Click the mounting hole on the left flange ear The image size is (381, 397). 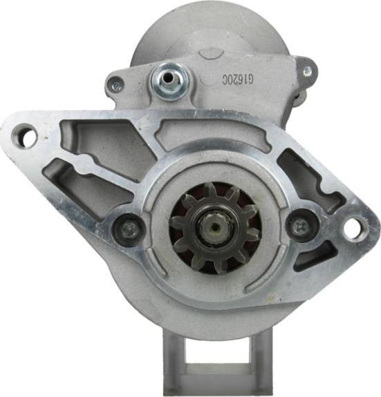click(26, 136)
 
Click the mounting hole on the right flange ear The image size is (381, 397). click(353, 228)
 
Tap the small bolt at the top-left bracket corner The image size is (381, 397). click(115, 86)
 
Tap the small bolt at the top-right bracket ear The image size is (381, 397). click(307, 70)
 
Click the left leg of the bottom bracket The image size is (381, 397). click(176, 359)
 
